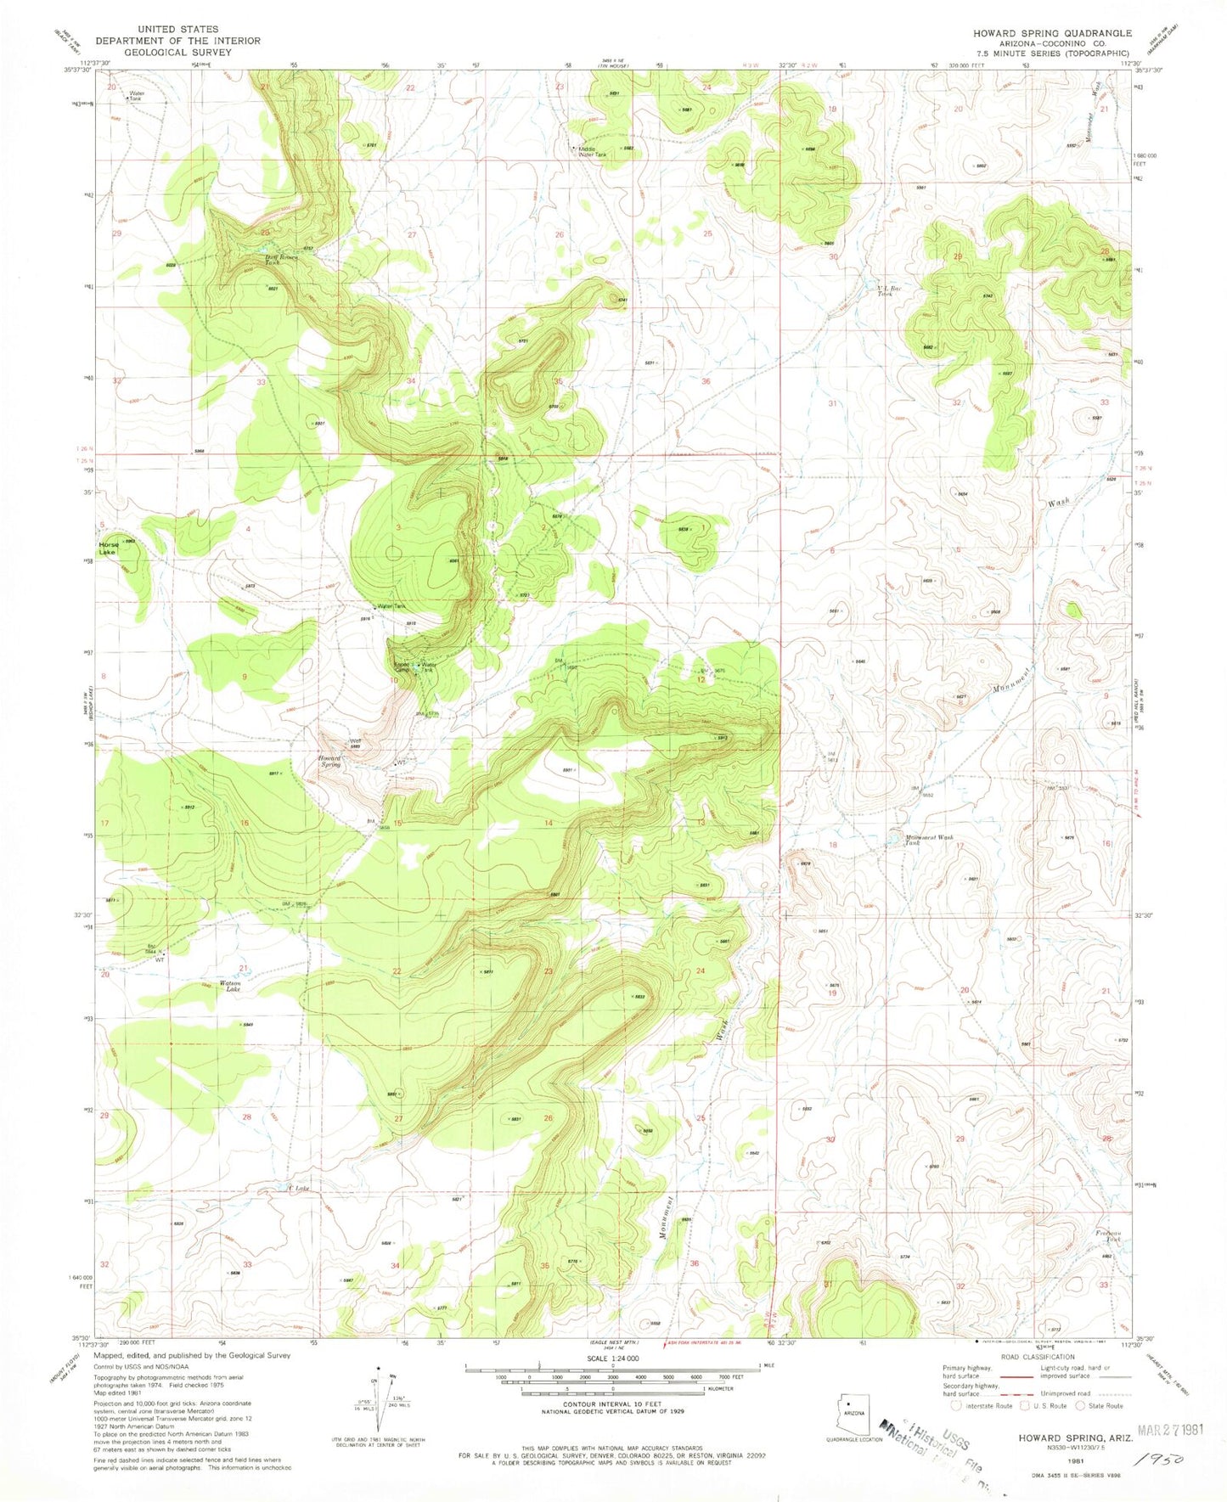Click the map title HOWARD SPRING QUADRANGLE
click(1051, 33)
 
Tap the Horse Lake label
click(108, 547)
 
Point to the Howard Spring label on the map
click(329, 761)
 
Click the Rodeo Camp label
click(400, 667)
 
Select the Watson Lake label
click(230, 987)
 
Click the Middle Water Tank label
click(592, 151)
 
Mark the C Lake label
click(299, 1188)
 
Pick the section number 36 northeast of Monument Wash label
click(694, 1264)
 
